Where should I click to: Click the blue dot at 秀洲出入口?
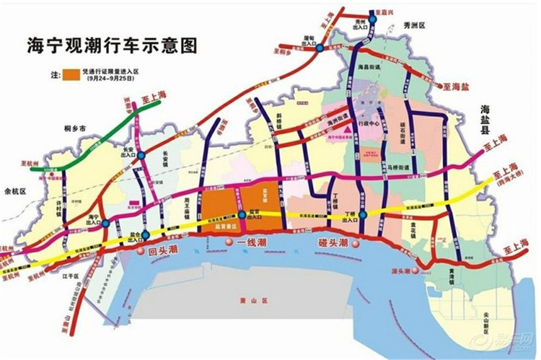click(373, 12)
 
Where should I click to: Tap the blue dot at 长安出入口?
click(142, 155)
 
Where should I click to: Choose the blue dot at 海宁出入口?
click(106, 224)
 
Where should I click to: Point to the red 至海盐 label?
click(456, 86)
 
